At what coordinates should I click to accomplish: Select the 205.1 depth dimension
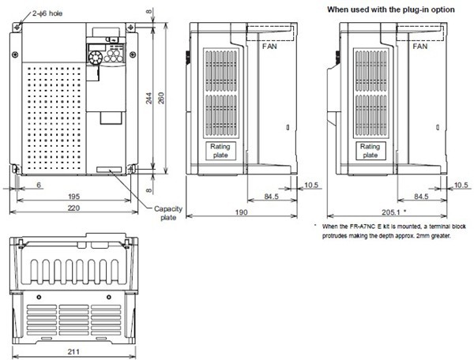392,212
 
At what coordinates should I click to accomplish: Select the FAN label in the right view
419,47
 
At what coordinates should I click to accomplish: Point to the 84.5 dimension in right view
420,196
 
